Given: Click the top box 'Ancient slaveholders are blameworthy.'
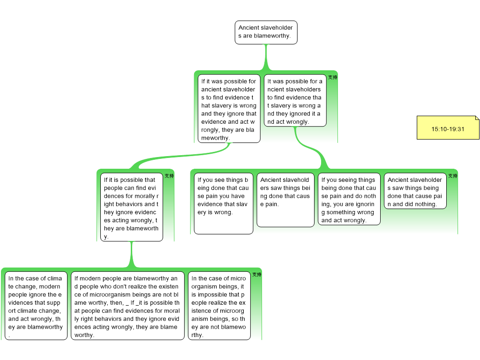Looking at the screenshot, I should click(x=266, y=32).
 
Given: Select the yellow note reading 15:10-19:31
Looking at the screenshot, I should click(x=448, y=128).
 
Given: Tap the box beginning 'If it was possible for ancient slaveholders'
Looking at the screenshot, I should click(x=229, y=109).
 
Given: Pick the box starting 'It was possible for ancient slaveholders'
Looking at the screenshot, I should click(x=295, y=101).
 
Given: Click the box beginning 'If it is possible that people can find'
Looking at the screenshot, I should click(x=131, y=207).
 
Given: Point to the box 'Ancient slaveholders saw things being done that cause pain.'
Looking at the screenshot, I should click(x=285, y=200).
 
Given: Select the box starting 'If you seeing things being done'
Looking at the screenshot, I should click(x=349, y=199).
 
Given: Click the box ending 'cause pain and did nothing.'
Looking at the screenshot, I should click(x=415, y=191).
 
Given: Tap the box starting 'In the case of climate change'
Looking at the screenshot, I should click(x=36, y=306).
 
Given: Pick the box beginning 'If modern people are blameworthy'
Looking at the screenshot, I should click(x=127, y=306).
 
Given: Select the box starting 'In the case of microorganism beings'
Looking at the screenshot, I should click(x=218, y=306).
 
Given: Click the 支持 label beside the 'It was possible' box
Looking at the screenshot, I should click(x=332, y=77).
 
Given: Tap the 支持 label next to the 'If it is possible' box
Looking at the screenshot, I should click(x=169, y=176).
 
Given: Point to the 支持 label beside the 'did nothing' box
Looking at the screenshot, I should click(x=452, y=176).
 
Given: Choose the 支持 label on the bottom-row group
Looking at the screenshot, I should click(x=257, y=275).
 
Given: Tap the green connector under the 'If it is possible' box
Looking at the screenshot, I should click(x=131, y=255).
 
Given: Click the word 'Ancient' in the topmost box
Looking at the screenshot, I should click(x=248, y=28).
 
